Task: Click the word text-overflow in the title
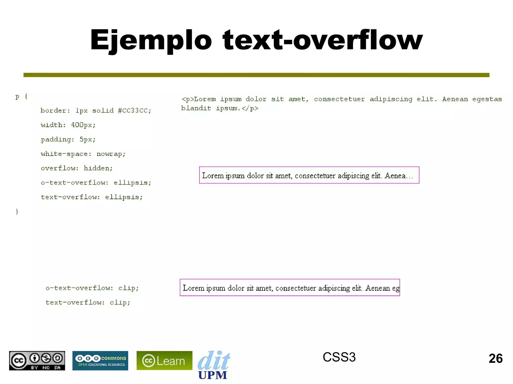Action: click(323, 40)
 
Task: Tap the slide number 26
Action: click(495, 358)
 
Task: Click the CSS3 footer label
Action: click(339, 357)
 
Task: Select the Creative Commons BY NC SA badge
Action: click(37, 360)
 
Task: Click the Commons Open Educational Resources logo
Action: click(100, 360)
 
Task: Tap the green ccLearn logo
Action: click(164, 360)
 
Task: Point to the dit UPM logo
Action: click(213, 365)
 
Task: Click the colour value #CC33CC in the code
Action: click(135, 110)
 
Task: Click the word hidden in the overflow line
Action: click(98, 168)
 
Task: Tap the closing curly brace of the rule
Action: click(17, 212)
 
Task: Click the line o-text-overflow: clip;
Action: click(92, 288)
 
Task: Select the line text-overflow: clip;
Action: click(88, 302)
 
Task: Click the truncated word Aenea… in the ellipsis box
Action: click(399, 176)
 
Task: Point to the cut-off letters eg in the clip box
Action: click(396, 288)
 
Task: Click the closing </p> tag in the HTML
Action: click(250, 108)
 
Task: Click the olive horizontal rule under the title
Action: click(256, 75)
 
